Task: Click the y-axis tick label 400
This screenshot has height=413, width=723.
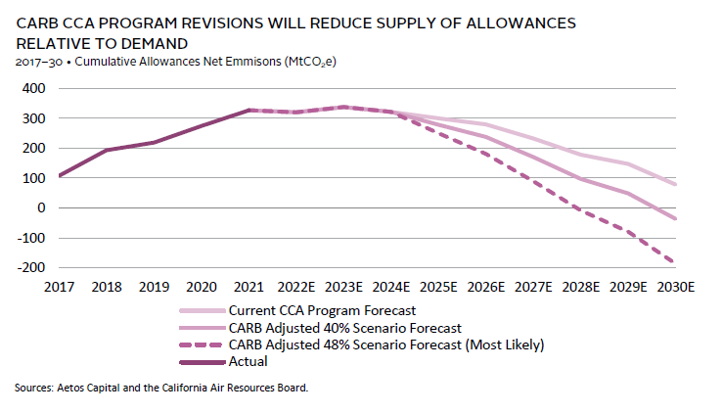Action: [x=32, y=88]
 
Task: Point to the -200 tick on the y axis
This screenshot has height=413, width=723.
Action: [x=29, y=267]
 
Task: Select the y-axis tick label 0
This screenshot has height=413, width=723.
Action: [x=40, y=207]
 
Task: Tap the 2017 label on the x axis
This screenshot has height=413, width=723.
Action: [x=61, y=289]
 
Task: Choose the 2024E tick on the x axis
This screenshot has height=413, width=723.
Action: [x=393, y=289]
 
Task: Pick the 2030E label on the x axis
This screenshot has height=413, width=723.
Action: [x=677, y=289]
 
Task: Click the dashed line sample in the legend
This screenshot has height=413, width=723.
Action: [x=200, y=345]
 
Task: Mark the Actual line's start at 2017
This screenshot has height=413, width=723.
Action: [x=61, y=176]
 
